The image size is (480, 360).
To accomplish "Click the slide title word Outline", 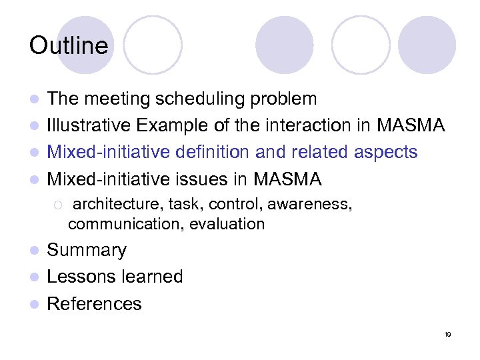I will click(x=68, y=46).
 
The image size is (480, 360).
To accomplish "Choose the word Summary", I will click(x=87, y=251).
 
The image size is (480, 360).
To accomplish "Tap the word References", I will click(x=95, y=304).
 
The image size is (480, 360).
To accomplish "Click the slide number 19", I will click(x=447, y=335).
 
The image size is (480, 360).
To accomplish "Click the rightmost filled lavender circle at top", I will click(x=427, y=45).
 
